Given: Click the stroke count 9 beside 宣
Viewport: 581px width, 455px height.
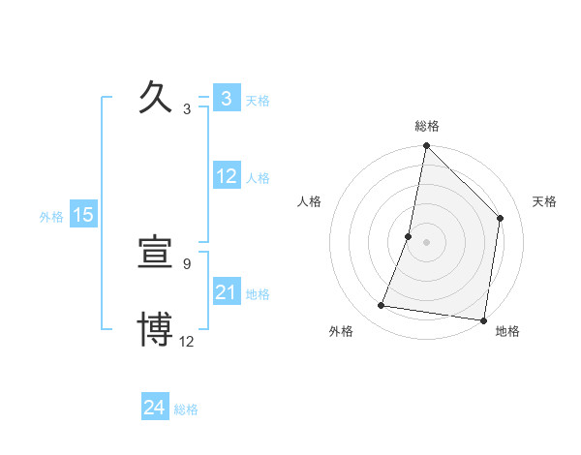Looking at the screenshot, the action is click(x=187, y=263).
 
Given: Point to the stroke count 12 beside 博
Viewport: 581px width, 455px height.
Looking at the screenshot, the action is click(x=187, y=341).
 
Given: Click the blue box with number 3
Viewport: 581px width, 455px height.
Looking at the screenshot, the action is click(x=226, y=99).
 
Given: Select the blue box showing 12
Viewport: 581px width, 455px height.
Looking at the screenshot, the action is click(x=227, y=176).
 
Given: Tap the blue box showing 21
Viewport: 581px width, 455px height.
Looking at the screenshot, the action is click(x=227, y=292).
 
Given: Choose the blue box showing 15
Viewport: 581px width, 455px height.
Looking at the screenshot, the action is click(x=83, y=215).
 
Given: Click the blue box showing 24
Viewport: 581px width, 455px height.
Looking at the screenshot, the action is click(x=154, y=408).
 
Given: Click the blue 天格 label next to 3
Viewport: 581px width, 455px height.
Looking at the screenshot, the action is click(x=258, y=100).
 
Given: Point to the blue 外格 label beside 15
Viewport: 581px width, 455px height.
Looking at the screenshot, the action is click(x=51, y=217).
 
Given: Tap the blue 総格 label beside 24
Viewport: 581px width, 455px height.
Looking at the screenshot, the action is click(x=186, y=409).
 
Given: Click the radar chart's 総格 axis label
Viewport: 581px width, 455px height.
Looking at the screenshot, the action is click(x=427, y=126).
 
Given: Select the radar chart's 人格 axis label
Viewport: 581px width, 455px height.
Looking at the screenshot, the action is click(x=310, y=201).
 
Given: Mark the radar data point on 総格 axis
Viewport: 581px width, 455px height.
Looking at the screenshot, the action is click(x=427, y=146).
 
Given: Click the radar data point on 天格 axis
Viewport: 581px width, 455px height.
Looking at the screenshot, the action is click(x=501, y=218).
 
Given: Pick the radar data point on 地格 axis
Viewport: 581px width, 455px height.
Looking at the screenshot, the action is click(x=482, y=319).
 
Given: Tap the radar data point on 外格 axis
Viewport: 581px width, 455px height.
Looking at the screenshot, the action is click(x=382, y=306).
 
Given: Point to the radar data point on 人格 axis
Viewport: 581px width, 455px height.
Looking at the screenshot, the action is click(x=409, y=236).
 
